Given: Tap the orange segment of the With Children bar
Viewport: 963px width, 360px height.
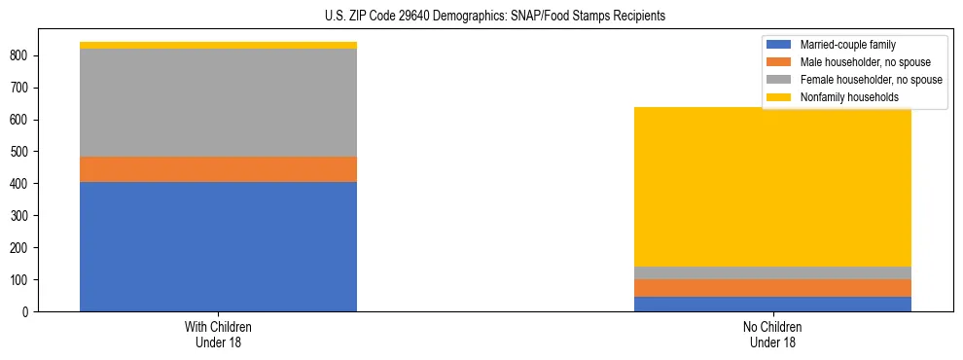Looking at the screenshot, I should click(218, 169).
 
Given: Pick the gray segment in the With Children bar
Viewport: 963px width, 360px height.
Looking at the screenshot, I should click(218, 102).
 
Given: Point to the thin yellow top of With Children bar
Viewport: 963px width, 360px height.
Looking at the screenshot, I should click(218, 45).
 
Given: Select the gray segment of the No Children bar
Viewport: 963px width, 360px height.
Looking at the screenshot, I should click(772, 272).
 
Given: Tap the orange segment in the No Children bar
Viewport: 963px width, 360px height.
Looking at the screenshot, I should click(772, 287).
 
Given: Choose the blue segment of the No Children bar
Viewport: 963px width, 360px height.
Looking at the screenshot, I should click(772, 304).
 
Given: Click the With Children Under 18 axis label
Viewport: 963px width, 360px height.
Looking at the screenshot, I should click(218, 334).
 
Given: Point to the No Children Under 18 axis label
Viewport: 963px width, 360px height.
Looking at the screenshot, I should click(772, 334).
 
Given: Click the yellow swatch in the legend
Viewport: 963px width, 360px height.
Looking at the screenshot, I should click(779, 97).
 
